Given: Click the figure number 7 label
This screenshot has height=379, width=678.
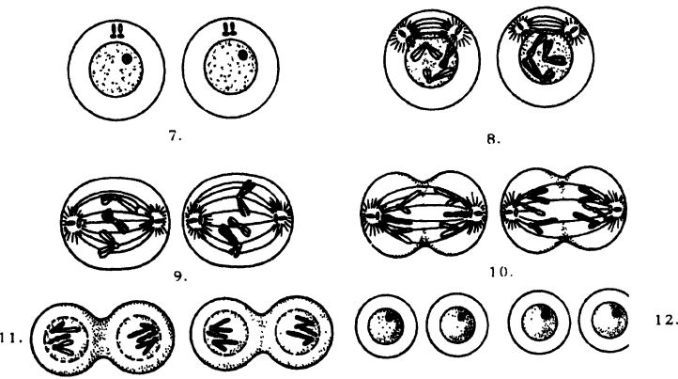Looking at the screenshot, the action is click(175, 136).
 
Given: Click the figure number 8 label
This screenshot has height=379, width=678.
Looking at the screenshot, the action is click(493, 139).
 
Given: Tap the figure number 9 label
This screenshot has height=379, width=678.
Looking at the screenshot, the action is click(180, 276).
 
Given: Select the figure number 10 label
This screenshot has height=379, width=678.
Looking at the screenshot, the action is click(501, 272).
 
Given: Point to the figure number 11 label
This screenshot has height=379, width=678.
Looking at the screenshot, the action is click(11, 339).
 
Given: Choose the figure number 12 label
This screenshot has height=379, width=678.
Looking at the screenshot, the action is click(667, 321).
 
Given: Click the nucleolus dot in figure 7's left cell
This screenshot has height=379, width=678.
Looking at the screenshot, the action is click(127, 58).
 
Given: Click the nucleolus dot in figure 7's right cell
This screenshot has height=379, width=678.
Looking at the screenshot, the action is click(243, 55).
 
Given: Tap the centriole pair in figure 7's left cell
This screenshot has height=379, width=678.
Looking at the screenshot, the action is click(117, 31).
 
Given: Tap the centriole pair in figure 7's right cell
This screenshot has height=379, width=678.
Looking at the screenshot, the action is click(229, 29).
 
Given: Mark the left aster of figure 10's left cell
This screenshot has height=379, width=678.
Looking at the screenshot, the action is click(371, 213).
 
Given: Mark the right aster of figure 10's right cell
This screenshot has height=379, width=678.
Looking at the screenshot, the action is click(615, 211).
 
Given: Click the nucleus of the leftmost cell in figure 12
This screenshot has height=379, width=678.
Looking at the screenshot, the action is click(386, 325).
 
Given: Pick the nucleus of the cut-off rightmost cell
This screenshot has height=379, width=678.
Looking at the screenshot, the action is click(609, 323).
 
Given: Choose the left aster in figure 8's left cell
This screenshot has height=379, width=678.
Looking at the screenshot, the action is click(401, 34).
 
